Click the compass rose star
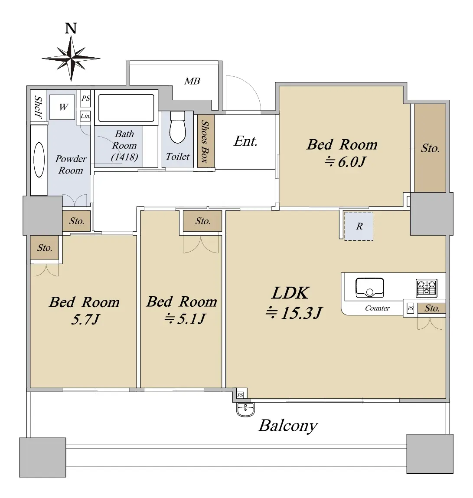71,59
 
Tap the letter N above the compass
71,28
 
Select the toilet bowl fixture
177,128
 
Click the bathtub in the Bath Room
126,108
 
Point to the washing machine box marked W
62,107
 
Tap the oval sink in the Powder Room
39,160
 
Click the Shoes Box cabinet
206,141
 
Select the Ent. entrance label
245,141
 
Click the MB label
192,81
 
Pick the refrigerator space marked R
359,226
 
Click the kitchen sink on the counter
369,288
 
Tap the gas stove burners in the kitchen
427,288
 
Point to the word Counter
377,308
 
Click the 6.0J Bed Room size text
345,162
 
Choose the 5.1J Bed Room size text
186,318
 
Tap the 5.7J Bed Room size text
85,319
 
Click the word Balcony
288,426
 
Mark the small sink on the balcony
245,410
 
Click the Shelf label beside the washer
39,107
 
